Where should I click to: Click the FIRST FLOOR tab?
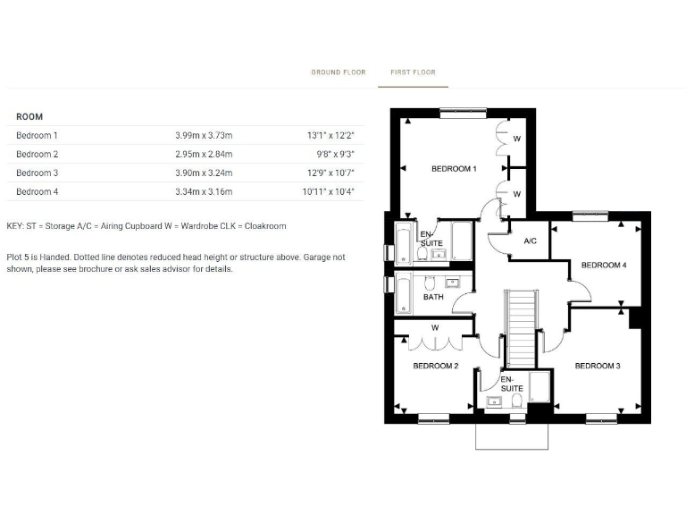point(413,72)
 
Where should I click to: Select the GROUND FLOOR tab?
point(339,72)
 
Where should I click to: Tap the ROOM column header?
point(29,117)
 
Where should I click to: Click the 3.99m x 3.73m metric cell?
point(204,136)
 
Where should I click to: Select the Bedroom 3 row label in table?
point(37,173)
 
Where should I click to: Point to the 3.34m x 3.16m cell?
point(204,192)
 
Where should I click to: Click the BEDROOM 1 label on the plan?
point(454,169)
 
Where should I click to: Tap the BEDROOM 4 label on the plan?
point(604,266)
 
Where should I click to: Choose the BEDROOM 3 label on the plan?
point(597,366)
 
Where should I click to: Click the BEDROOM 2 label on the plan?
point(435,366)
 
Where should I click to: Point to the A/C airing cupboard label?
point(530,241)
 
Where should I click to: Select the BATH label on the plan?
point(433,298)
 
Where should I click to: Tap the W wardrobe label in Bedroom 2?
point(435,328)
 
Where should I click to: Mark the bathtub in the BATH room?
point(404,295)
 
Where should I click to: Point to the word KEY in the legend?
point(15,226)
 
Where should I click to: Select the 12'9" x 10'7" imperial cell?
point(331,173)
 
